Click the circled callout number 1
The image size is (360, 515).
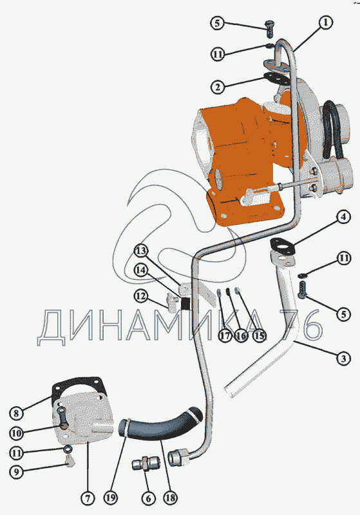click(325, 23)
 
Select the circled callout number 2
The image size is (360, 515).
click(218, 87)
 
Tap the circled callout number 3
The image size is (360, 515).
click(343, 358)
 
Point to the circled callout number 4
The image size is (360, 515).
click(343, 217)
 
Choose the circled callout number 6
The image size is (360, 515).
click(149, 498)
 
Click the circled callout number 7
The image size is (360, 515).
click(88, 498)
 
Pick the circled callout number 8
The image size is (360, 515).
click(16, 413)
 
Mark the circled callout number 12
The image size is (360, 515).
click(141, 296)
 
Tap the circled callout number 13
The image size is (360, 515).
click(141, 251)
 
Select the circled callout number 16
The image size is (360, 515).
click(242, 335)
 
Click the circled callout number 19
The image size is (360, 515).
click(111, 498)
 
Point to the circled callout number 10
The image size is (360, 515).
click(16, 433)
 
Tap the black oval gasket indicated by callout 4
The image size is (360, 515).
click(282, 246)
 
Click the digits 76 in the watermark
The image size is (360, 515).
click(301, 325)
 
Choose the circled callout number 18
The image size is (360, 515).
click(171, 498)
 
